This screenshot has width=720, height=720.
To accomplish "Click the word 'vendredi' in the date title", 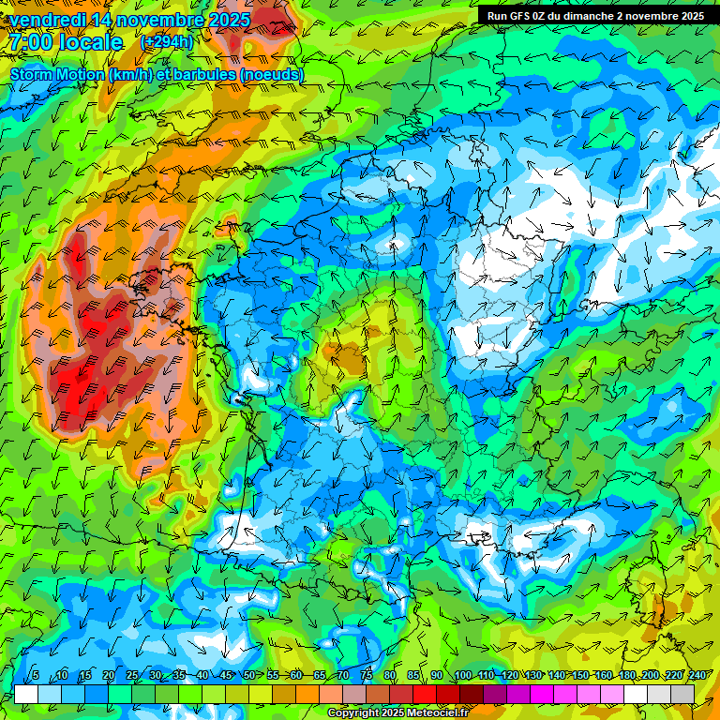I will click(48, 19).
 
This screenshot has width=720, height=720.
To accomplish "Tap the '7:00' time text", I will click(32, 42).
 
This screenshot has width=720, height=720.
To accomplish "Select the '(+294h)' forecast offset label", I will click(167, 42).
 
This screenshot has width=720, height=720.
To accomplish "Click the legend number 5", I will click(36, 676).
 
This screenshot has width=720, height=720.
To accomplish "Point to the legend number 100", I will click(462, 676).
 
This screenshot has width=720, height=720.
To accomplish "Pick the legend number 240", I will click(697, 676).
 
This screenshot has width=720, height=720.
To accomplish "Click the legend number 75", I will click(367, 676).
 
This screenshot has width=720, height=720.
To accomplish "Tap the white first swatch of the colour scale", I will click(26, 694).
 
